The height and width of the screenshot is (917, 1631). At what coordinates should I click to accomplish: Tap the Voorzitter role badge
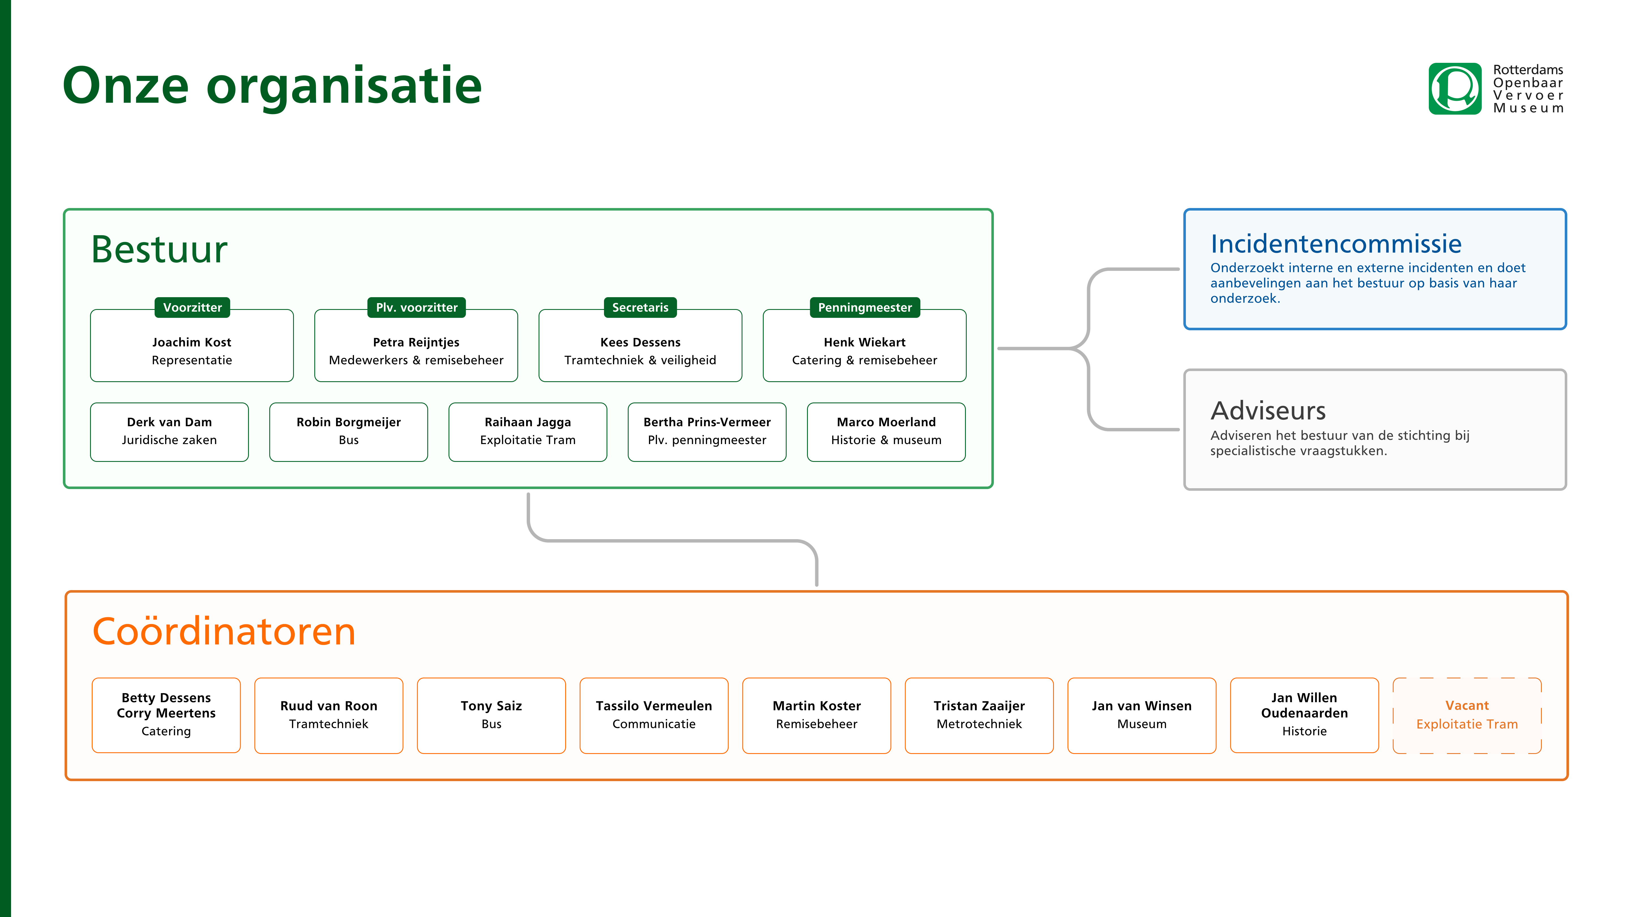193,308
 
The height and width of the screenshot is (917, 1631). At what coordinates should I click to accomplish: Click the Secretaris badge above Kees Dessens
640,308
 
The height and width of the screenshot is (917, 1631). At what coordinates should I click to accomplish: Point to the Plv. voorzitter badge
417,308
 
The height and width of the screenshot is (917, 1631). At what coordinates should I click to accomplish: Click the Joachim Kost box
192,346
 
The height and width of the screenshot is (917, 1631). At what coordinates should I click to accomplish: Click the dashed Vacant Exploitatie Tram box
1467,715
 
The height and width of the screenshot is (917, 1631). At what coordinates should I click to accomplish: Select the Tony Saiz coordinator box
491,715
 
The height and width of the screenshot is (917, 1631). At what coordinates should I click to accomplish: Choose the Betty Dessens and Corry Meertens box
166,715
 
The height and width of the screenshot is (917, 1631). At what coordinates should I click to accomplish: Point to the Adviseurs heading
1268,411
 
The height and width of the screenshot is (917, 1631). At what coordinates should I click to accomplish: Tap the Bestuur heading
159,249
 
